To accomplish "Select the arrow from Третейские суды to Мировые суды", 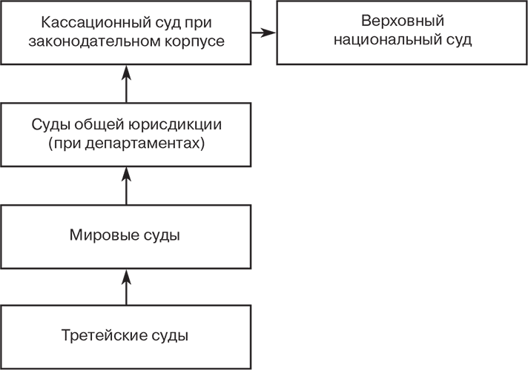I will pos(126,286).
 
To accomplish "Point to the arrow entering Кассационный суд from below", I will pos(126,83).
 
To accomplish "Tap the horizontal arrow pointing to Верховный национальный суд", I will pos(263,33).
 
